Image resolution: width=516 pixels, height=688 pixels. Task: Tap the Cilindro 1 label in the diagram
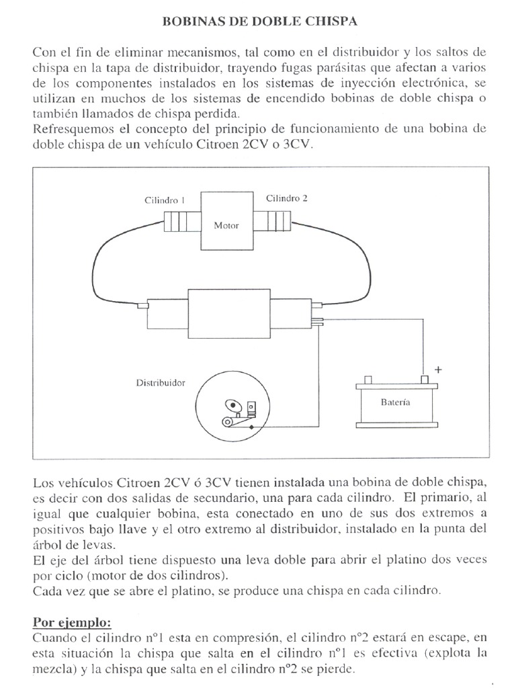pos(165,200)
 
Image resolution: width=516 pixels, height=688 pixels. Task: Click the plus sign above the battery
pos(439,370)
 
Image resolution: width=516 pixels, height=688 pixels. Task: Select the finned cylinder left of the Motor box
pos(178,220)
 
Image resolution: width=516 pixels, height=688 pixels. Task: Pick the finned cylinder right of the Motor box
pos(275,220)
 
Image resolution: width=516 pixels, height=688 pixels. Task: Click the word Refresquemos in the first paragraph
pos(68,129)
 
